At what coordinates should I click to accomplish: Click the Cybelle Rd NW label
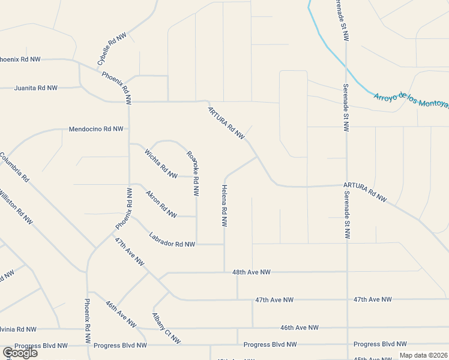click(112, 49)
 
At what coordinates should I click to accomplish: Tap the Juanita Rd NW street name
click(36, 88)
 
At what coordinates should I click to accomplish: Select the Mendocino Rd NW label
click(96, 129)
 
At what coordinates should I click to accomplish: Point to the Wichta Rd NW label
click(161, 164)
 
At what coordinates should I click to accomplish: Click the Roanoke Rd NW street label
click(193, 173)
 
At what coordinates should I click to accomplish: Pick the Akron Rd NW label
click(161, 204)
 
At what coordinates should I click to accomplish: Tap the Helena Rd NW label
click(225, 205)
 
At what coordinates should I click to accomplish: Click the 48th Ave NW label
click(252, 272)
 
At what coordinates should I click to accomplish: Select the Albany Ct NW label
click(166, 329)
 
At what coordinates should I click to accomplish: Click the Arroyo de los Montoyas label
click(411, 100)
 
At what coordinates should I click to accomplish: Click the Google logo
click(19, 353)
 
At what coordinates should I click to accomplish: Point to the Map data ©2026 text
click(423, 355)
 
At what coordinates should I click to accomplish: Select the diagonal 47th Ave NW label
click(130, 252)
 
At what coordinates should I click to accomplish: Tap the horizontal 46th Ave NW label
click(299, 328)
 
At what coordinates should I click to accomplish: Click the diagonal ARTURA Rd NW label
click(226, 124)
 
